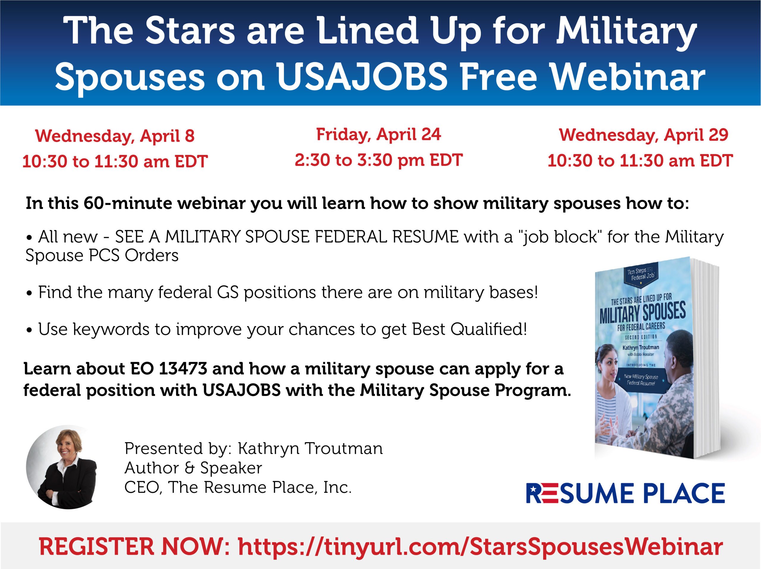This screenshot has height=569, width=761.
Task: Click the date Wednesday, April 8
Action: coord(115,136)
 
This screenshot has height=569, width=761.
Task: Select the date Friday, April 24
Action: coord(378,134)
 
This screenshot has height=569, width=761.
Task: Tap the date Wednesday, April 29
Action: coord(644,135)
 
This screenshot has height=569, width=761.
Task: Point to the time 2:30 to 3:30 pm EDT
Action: coord(379,160)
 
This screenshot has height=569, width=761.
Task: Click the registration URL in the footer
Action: coord(480,547)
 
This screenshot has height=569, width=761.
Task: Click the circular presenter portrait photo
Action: coord(61,467)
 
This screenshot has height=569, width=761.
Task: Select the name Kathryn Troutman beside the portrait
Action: coord(310,449)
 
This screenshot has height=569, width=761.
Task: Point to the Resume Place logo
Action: coord(625,493)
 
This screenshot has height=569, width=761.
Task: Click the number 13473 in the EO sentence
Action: coord(183,369)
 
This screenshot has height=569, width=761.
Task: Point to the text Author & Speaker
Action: coord(193,468)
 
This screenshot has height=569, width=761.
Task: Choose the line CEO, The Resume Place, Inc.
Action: coord(238,487)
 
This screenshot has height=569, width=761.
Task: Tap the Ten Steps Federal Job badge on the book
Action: coord(640,274)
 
